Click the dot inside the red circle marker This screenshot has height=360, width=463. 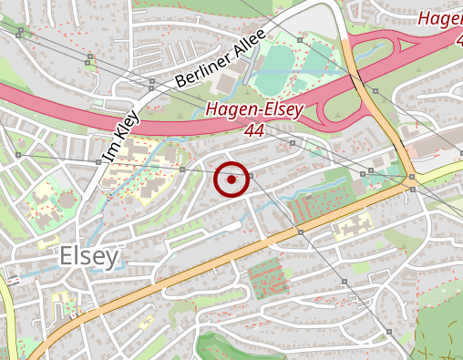[x=231, y=180]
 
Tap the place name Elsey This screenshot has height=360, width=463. [x=89, y=257]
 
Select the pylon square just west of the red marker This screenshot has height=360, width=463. [x=183, y=170]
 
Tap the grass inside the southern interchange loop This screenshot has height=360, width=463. [x=338, y=113]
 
